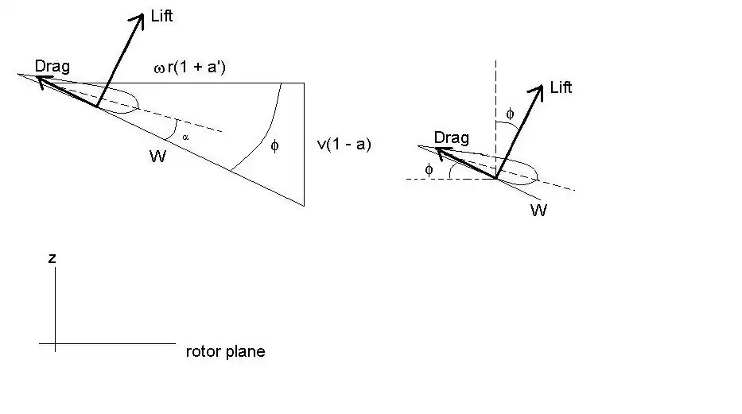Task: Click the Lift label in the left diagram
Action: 161,16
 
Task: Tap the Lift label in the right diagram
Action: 561,87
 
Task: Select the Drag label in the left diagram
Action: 52,66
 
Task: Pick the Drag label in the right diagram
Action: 451,138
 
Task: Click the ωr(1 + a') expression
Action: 193,68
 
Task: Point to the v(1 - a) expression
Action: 344,145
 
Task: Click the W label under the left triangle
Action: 157,157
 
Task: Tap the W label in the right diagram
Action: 538,211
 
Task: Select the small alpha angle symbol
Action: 185,137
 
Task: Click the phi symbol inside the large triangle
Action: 275,146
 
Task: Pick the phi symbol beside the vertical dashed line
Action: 510,114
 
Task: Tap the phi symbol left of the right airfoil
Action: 429,169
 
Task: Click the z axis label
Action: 52,258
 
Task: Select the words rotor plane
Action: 225,351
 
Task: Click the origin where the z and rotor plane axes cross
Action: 55,344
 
